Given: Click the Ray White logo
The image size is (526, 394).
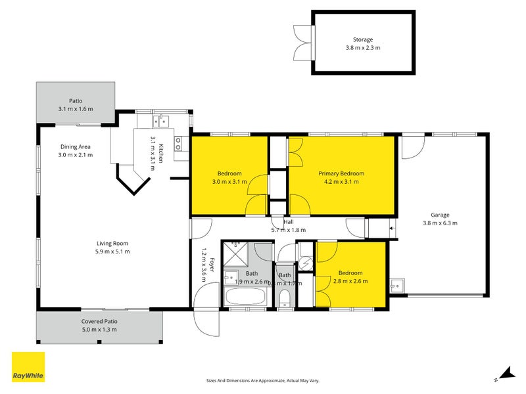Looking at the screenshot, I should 28,368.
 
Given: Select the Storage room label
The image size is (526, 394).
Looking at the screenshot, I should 363,39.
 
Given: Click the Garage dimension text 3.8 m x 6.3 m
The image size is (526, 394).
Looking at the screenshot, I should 440,223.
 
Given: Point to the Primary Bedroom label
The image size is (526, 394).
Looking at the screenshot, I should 341,173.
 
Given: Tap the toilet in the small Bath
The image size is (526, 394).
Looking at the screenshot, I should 285,299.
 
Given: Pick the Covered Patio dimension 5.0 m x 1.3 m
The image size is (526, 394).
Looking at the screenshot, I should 99,330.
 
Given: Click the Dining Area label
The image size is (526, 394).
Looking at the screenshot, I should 75,146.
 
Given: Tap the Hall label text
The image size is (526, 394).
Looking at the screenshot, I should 289,223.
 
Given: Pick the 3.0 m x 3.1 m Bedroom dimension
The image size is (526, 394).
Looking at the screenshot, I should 229,182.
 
